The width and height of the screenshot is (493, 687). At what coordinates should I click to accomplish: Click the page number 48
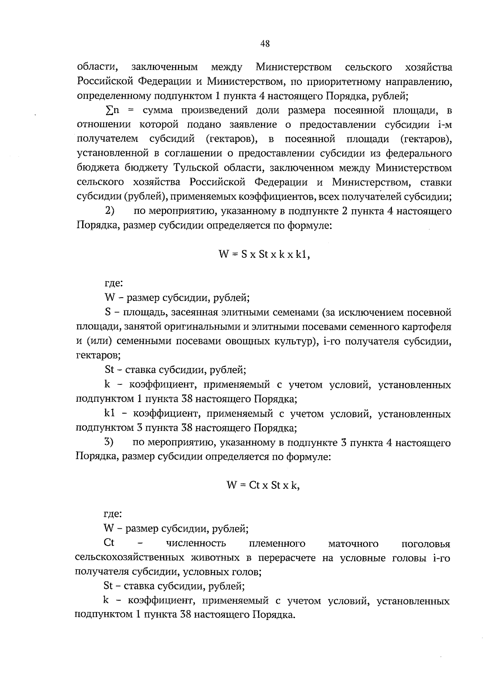265,44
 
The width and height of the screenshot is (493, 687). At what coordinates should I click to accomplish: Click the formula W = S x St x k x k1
264,254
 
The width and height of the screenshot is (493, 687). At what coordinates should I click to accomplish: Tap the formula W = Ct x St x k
263,485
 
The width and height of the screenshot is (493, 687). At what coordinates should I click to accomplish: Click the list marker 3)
109,443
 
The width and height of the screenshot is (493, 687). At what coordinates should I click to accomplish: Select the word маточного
353,544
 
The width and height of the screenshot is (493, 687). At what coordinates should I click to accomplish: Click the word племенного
277,544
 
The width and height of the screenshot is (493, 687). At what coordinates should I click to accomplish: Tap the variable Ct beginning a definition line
109,543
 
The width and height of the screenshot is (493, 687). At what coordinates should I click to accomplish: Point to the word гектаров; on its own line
99,356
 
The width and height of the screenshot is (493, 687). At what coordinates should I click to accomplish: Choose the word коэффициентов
277,197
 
